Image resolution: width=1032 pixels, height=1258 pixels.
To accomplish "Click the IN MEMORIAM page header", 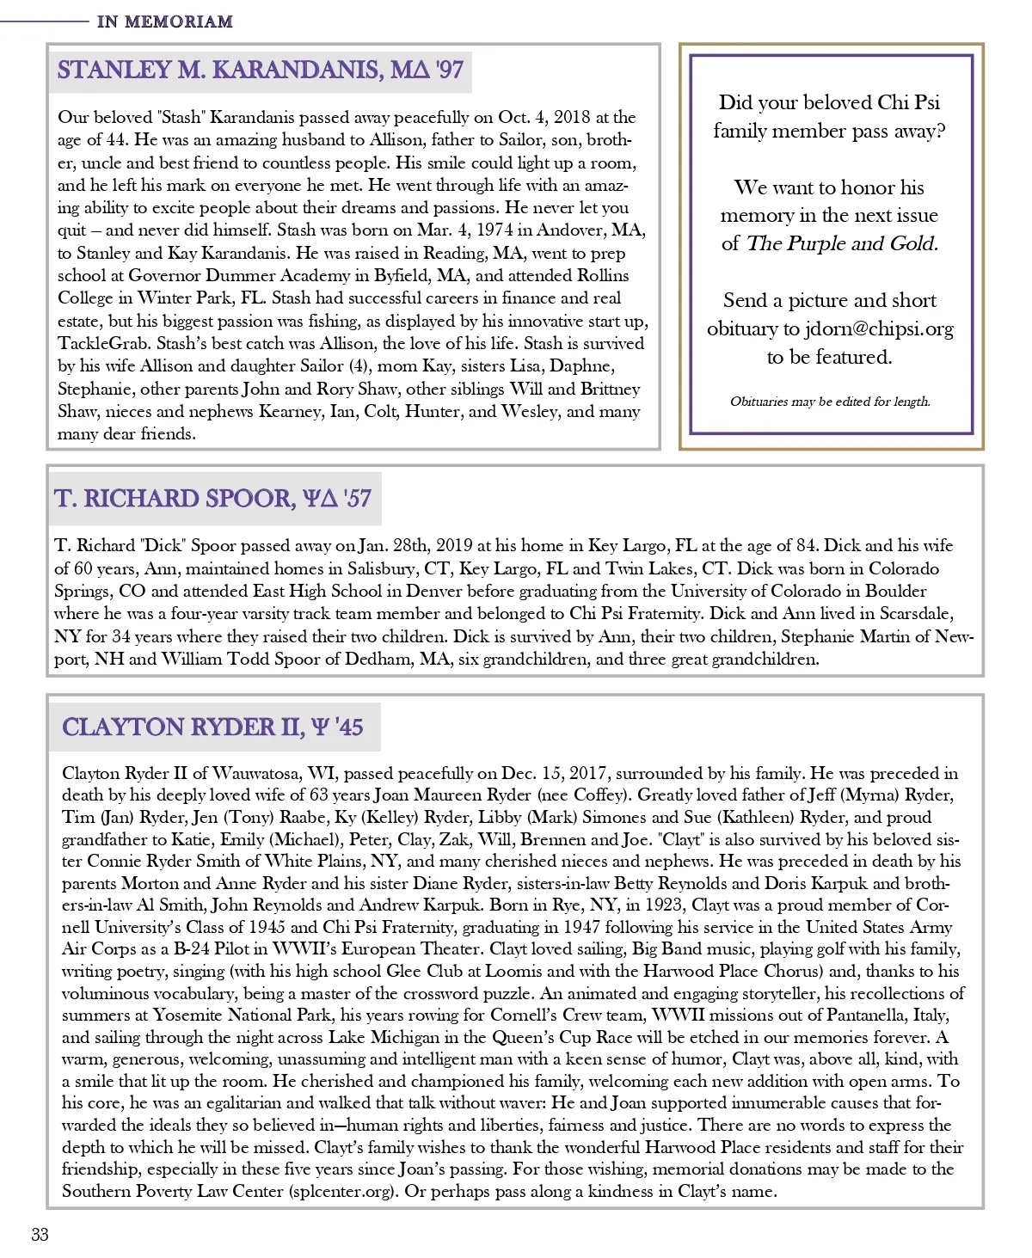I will point(164,21).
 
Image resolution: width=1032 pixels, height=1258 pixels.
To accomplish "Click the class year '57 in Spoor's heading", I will point(357,499).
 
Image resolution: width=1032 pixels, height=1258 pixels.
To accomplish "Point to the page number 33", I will point(40,1235).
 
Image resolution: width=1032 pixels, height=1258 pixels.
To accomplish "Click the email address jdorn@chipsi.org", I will point(879,328).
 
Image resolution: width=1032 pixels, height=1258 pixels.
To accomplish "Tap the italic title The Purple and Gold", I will point(842,243).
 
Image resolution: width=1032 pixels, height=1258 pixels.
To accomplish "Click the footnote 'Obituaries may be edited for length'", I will point(830,401).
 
